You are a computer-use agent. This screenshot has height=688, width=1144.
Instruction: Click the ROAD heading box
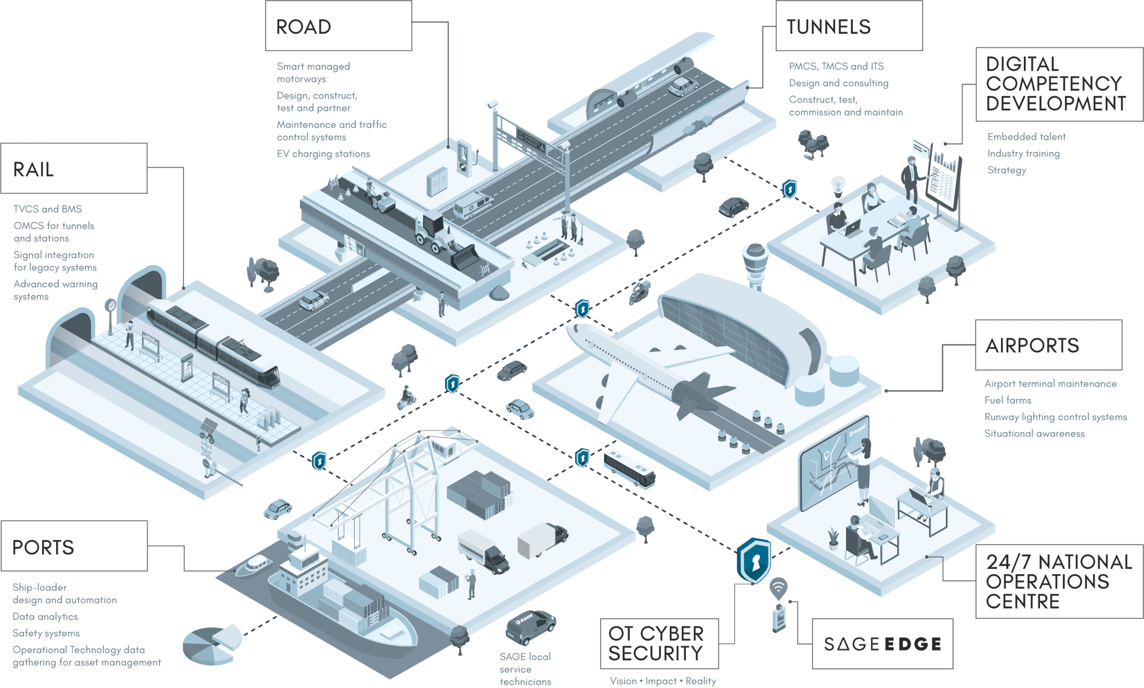(338, 26)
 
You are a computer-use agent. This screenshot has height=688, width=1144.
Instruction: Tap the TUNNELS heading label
(848, 26)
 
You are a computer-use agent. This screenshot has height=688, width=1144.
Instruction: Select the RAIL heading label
(74, 169)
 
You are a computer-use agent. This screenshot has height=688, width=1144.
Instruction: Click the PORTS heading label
(74, 547)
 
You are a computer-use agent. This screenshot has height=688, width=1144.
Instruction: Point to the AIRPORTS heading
(1048, 345)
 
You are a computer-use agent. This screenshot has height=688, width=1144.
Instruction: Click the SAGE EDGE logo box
(882, 645)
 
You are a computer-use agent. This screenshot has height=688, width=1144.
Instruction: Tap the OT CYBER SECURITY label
(658, 644)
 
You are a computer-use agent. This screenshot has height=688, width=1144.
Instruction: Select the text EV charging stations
(323, 154)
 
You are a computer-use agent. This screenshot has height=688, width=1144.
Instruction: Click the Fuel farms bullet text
(1007, 400)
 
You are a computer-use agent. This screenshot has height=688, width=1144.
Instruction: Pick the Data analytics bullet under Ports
(45, 617)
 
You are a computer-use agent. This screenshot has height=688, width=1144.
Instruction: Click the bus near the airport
(629, 468)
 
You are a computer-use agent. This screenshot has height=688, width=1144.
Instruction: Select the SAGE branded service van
(529, 626)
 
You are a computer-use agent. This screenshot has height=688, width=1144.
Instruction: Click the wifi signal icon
(778, 587)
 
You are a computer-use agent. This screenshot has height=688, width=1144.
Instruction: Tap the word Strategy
(1007, 170)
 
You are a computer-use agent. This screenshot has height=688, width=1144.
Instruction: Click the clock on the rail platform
(110, 305)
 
